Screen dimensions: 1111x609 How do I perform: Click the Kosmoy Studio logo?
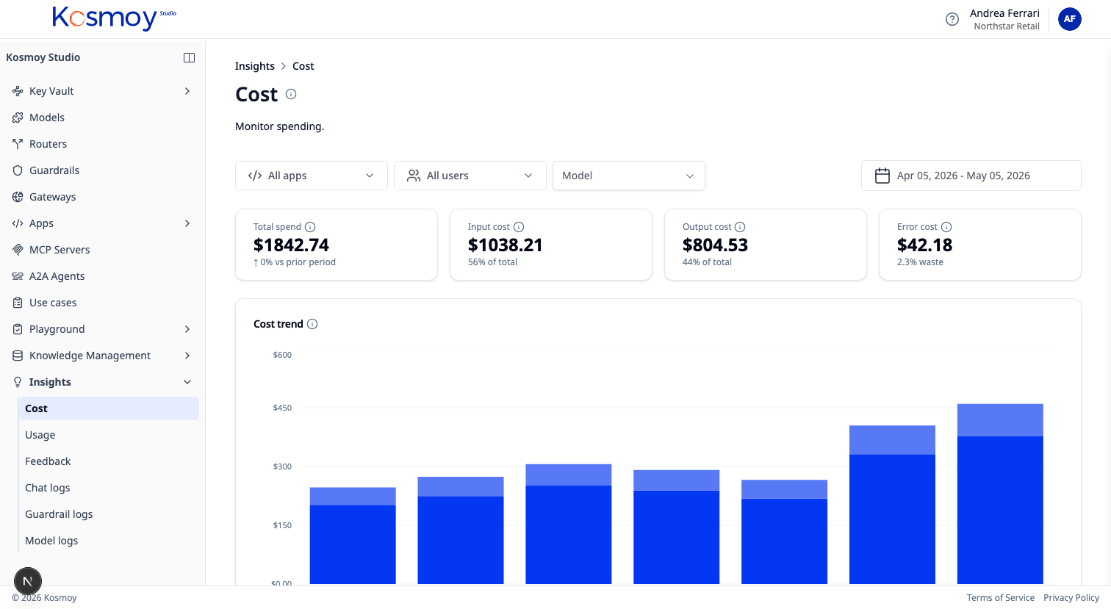(x=114, y=18)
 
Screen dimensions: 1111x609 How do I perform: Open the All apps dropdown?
(x=311, y=176)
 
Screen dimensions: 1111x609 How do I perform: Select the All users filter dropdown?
(x=470, y=176)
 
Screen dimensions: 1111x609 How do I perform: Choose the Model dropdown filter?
(x=628, y=176)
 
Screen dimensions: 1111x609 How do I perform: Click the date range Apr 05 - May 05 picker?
(x=971, y=176)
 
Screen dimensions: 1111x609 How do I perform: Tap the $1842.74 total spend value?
(x=291, y=245)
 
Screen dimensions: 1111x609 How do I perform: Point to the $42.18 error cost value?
(x=924, y=245)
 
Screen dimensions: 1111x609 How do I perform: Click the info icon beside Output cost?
(x=739, y=227)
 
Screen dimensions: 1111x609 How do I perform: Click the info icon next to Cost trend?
(x=312, y=324)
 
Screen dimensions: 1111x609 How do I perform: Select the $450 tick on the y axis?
(x=282, y=408)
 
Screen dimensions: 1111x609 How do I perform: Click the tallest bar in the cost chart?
(x=1000, y=494)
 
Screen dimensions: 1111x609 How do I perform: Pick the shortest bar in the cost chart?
(x=353, y=536)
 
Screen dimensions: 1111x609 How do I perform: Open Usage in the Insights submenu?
(x=40, y=435)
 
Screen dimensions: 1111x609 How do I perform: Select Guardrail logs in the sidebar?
(x=59, y=514)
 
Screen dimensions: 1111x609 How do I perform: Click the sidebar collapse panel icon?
(x=189, y=57)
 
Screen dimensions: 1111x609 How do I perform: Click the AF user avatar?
(x=1069, y=19)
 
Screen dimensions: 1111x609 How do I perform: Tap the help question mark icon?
(x=952, y=19)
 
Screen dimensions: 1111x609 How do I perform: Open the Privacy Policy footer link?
(x=1071, y=597)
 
